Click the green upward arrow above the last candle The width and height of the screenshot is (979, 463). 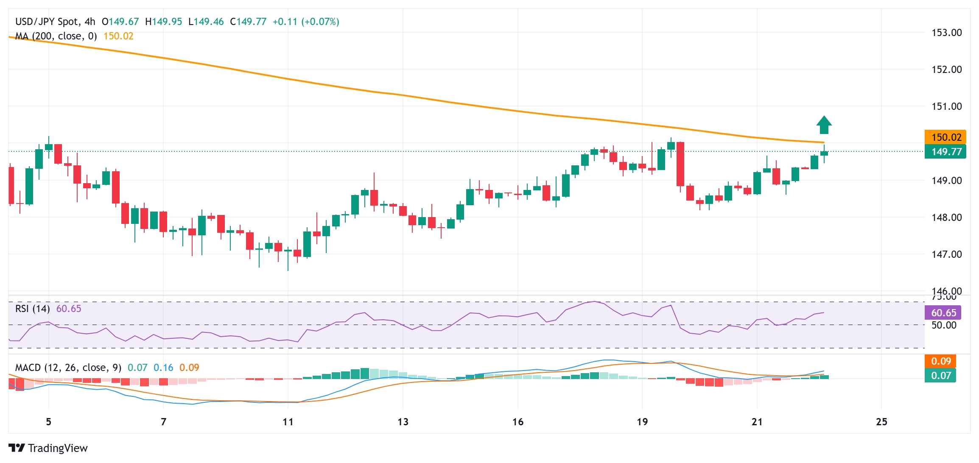(x=824, y=125)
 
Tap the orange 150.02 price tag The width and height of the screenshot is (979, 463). (x=945, y=137)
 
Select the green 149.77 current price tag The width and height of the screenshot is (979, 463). (x=945, y=151)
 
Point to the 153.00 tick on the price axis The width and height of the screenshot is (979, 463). (x=946, y=33)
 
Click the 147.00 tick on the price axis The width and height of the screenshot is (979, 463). (x=946, y=254)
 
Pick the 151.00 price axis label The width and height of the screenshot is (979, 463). (x=946, y=106)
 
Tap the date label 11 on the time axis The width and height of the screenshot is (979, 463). (x=288, y=422)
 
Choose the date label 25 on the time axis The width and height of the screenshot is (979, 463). (x=881, y=422)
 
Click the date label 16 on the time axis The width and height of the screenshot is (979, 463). (x=517, y=422)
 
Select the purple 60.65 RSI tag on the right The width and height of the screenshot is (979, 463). (x=943, y=313)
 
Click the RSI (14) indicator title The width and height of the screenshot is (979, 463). (x=33, y=309)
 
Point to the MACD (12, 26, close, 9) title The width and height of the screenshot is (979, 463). (x=68, y=368)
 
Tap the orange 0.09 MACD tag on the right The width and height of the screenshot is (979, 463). (x=941, y=361)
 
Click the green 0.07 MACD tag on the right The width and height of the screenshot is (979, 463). (x=941, y=375)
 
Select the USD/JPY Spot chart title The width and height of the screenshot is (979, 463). (x=55, y=22)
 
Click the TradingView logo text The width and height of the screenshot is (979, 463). (x=57, y=448)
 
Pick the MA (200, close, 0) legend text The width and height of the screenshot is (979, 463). (x=56, y=36)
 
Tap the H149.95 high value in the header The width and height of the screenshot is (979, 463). (x=163, y=22)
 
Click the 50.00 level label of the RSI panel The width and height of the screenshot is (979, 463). (x=944, y=325)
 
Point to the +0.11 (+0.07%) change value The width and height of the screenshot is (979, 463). (x=306, y=22)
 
